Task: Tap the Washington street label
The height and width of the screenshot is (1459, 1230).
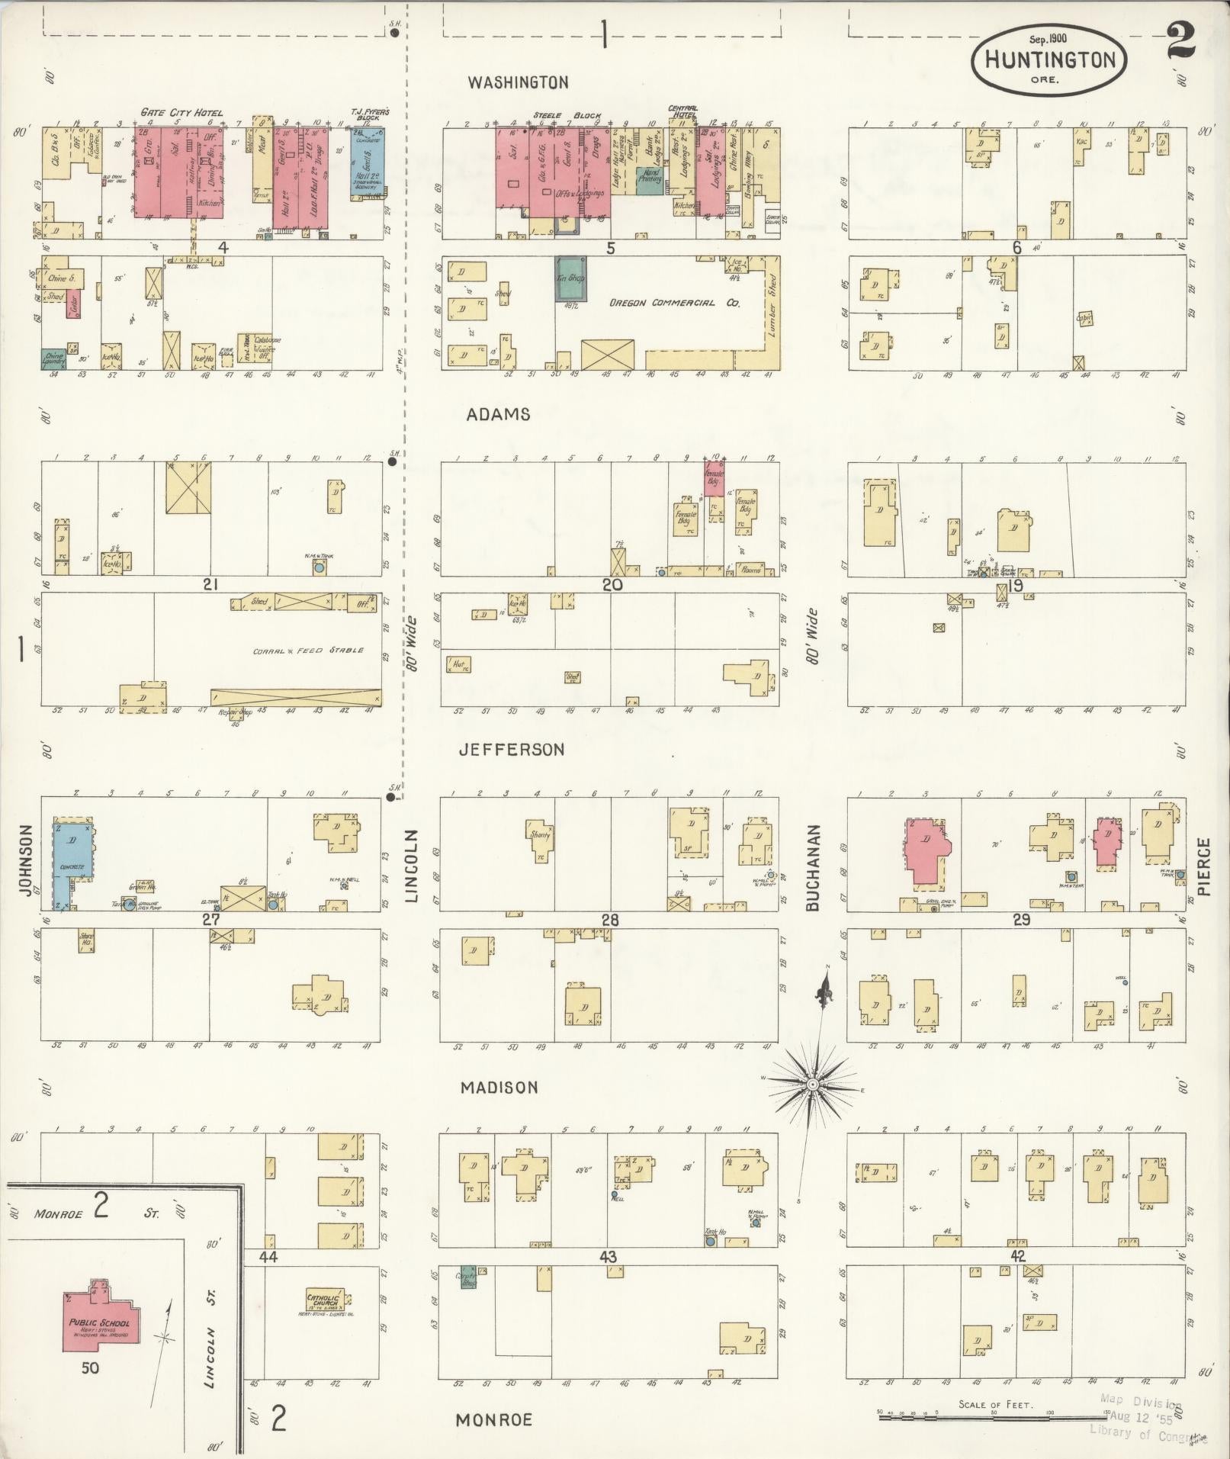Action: (x=518, y=82)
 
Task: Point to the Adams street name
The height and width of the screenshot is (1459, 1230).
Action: (x=499, y=414)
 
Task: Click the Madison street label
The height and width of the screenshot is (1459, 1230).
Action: (x=499, y=1088)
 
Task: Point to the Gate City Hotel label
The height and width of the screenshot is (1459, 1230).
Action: (x=181, y=113)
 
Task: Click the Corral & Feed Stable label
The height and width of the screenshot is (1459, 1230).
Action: (x=308, y=651)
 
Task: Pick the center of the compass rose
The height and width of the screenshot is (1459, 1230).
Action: (x=813, y=1084)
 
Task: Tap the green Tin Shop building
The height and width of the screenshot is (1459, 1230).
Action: (x=571, y=279)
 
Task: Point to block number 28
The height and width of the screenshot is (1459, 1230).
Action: (x=609, y=921)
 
